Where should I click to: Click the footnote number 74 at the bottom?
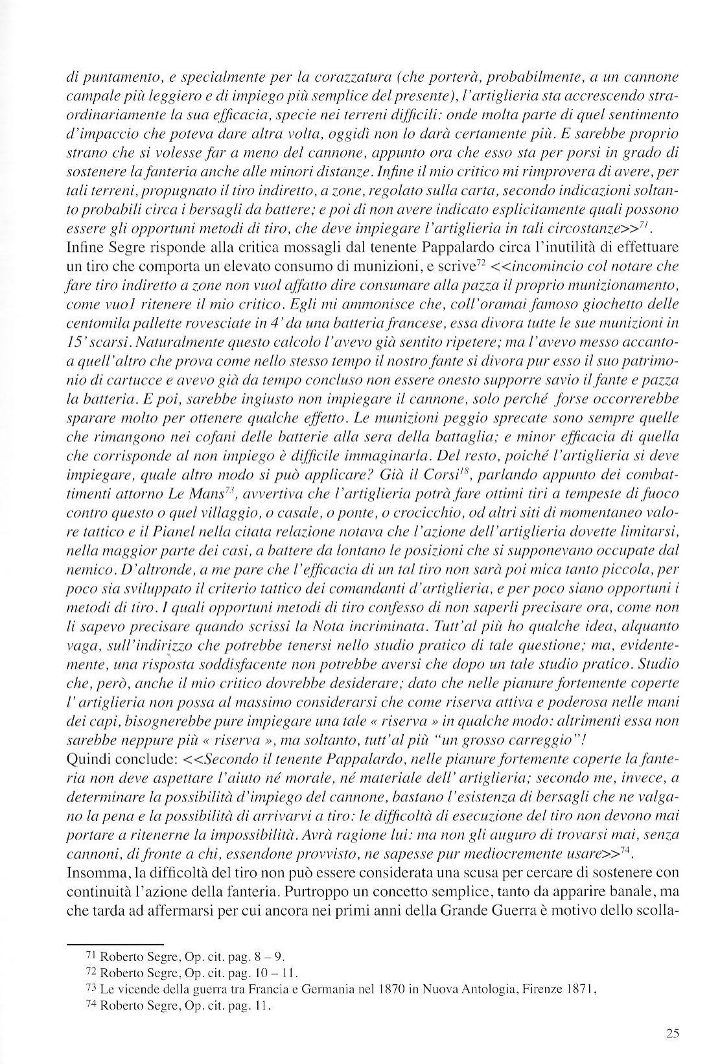tap(91, 1005)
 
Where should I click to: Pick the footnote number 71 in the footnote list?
tap(91, 956)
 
